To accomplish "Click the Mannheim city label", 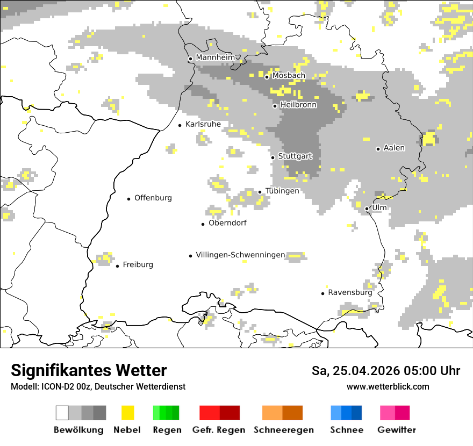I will (216, 57).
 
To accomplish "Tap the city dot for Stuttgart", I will (273, 157).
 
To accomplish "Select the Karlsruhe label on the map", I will (203, 124).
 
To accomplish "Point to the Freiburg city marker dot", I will (117, 266).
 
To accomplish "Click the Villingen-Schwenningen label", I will (240, 255).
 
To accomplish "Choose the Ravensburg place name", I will (350, 293).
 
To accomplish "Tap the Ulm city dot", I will (367, 208).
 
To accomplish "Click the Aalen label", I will (394, 148).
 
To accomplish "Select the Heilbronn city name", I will (298, 105).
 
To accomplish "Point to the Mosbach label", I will (289, 76).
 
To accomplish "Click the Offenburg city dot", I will (129, 199).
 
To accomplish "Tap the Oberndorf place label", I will (227, 223).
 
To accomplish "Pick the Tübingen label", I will (282, 191).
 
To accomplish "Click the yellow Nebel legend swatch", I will (127, 413).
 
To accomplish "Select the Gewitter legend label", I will (396, 430).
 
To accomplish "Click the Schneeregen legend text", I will (283, 430).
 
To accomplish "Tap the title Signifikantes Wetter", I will (89, 370).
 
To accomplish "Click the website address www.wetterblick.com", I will (388, 386).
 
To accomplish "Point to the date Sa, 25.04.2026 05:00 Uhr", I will (385, 371).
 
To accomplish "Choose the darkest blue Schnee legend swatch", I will (357, 413).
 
